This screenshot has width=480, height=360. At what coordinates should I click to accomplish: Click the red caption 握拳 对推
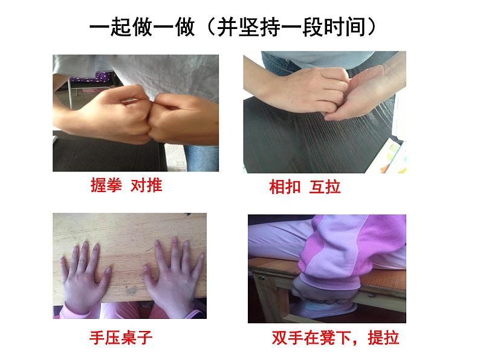point(126,185)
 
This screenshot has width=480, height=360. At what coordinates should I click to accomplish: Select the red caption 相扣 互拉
point(305,187)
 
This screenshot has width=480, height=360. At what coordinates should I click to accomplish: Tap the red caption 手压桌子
point(121,338)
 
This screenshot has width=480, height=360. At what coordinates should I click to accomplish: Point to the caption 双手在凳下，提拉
point(336,338)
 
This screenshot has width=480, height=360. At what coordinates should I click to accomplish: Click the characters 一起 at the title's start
point(111,27)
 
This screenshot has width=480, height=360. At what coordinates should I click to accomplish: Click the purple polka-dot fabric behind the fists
point(92,79)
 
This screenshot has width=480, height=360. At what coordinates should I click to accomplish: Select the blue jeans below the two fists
point(201,158)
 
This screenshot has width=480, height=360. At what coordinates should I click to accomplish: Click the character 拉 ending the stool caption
point(392,338)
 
